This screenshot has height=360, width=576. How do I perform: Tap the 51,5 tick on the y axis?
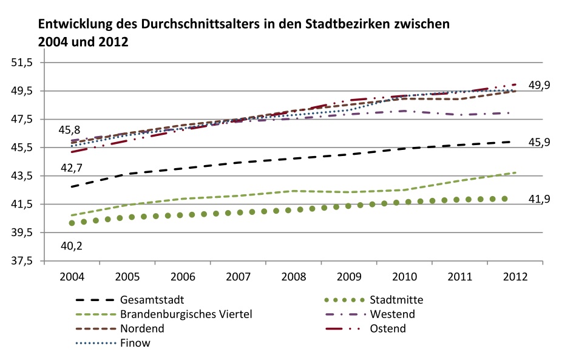(28, 63)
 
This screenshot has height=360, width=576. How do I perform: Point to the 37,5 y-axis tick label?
(28, 261)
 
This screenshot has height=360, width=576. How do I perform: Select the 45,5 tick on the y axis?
(28, 148)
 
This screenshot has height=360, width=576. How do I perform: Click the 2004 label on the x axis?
(72, 276)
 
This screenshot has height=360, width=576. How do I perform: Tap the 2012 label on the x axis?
(515, 276)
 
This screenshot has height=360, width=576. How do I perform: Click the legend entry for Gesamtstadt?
(152, 300)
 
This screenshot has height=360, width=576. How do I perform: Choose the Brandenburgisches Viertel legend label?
(186, 314)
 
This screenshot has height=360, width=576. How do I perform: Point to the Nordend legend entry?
(143, 329)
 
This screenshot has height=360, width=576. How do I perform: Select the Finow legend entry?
(135, 344)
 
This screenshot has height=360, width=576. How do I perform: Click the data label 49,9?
(539, 85)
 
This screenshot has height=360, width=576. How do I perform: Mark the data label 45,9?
(539, 142)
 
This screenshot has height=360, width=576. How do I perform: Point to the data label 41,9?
(539, 199)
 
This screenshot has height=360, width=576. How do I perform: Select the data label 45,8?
(70, 129)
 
